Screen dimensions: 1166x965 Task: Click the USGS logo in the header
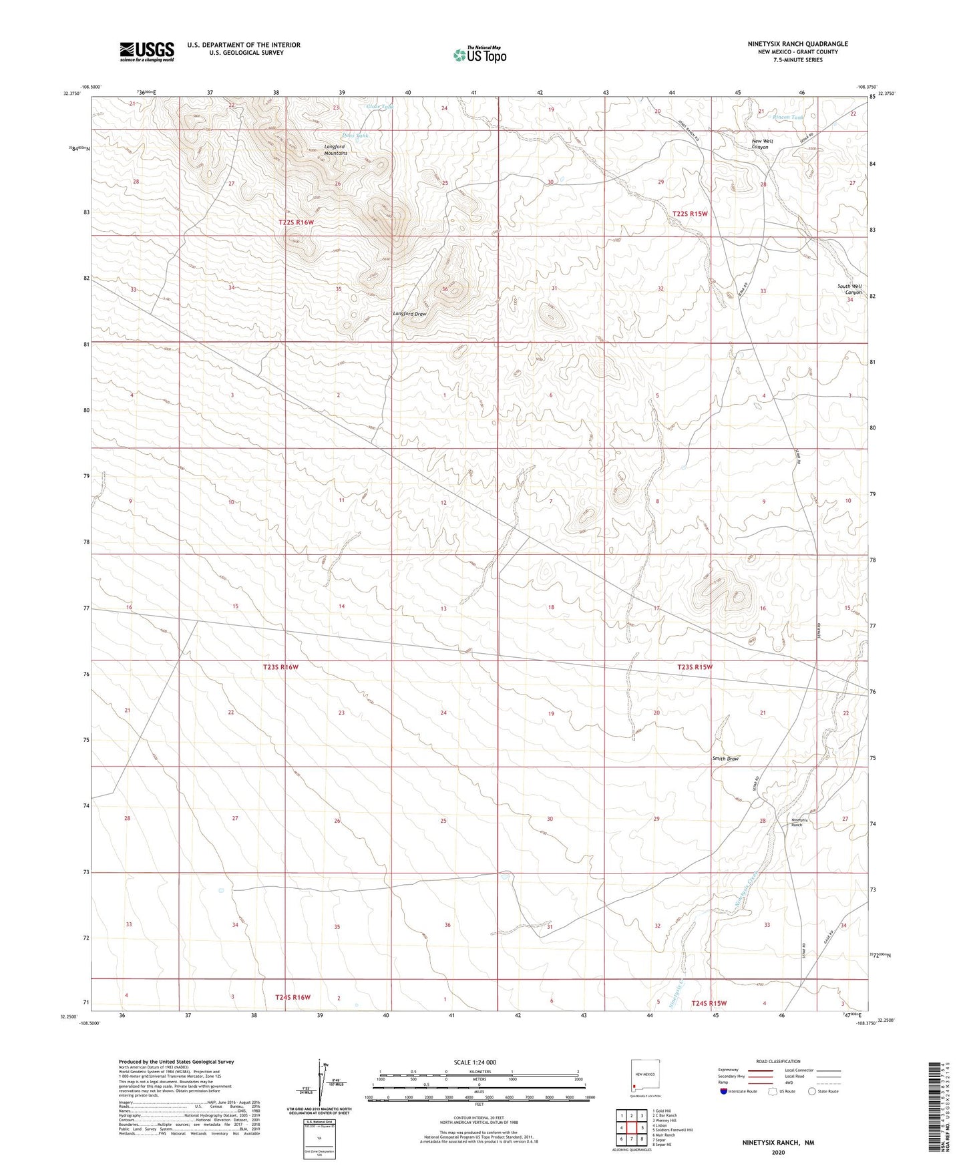[147, 51]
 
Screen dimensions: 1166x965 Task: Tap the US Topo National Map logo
[479, 54]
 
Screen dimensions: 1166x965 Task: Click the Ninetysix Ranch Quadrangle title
[797, 44]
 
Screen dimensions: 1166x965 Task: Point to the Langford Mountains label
[335, 150]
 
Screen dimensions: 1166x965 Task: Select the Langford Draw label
[409, 314]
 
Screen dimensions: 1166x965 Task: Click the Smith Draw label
[725, 759]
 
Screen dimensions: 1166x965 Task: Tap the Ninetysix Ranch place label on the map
[799, 822]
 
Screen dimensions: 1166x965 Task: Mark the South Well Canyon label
[849, 289]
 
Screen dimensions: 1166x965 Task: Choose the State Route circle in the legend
[812, 1091]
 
